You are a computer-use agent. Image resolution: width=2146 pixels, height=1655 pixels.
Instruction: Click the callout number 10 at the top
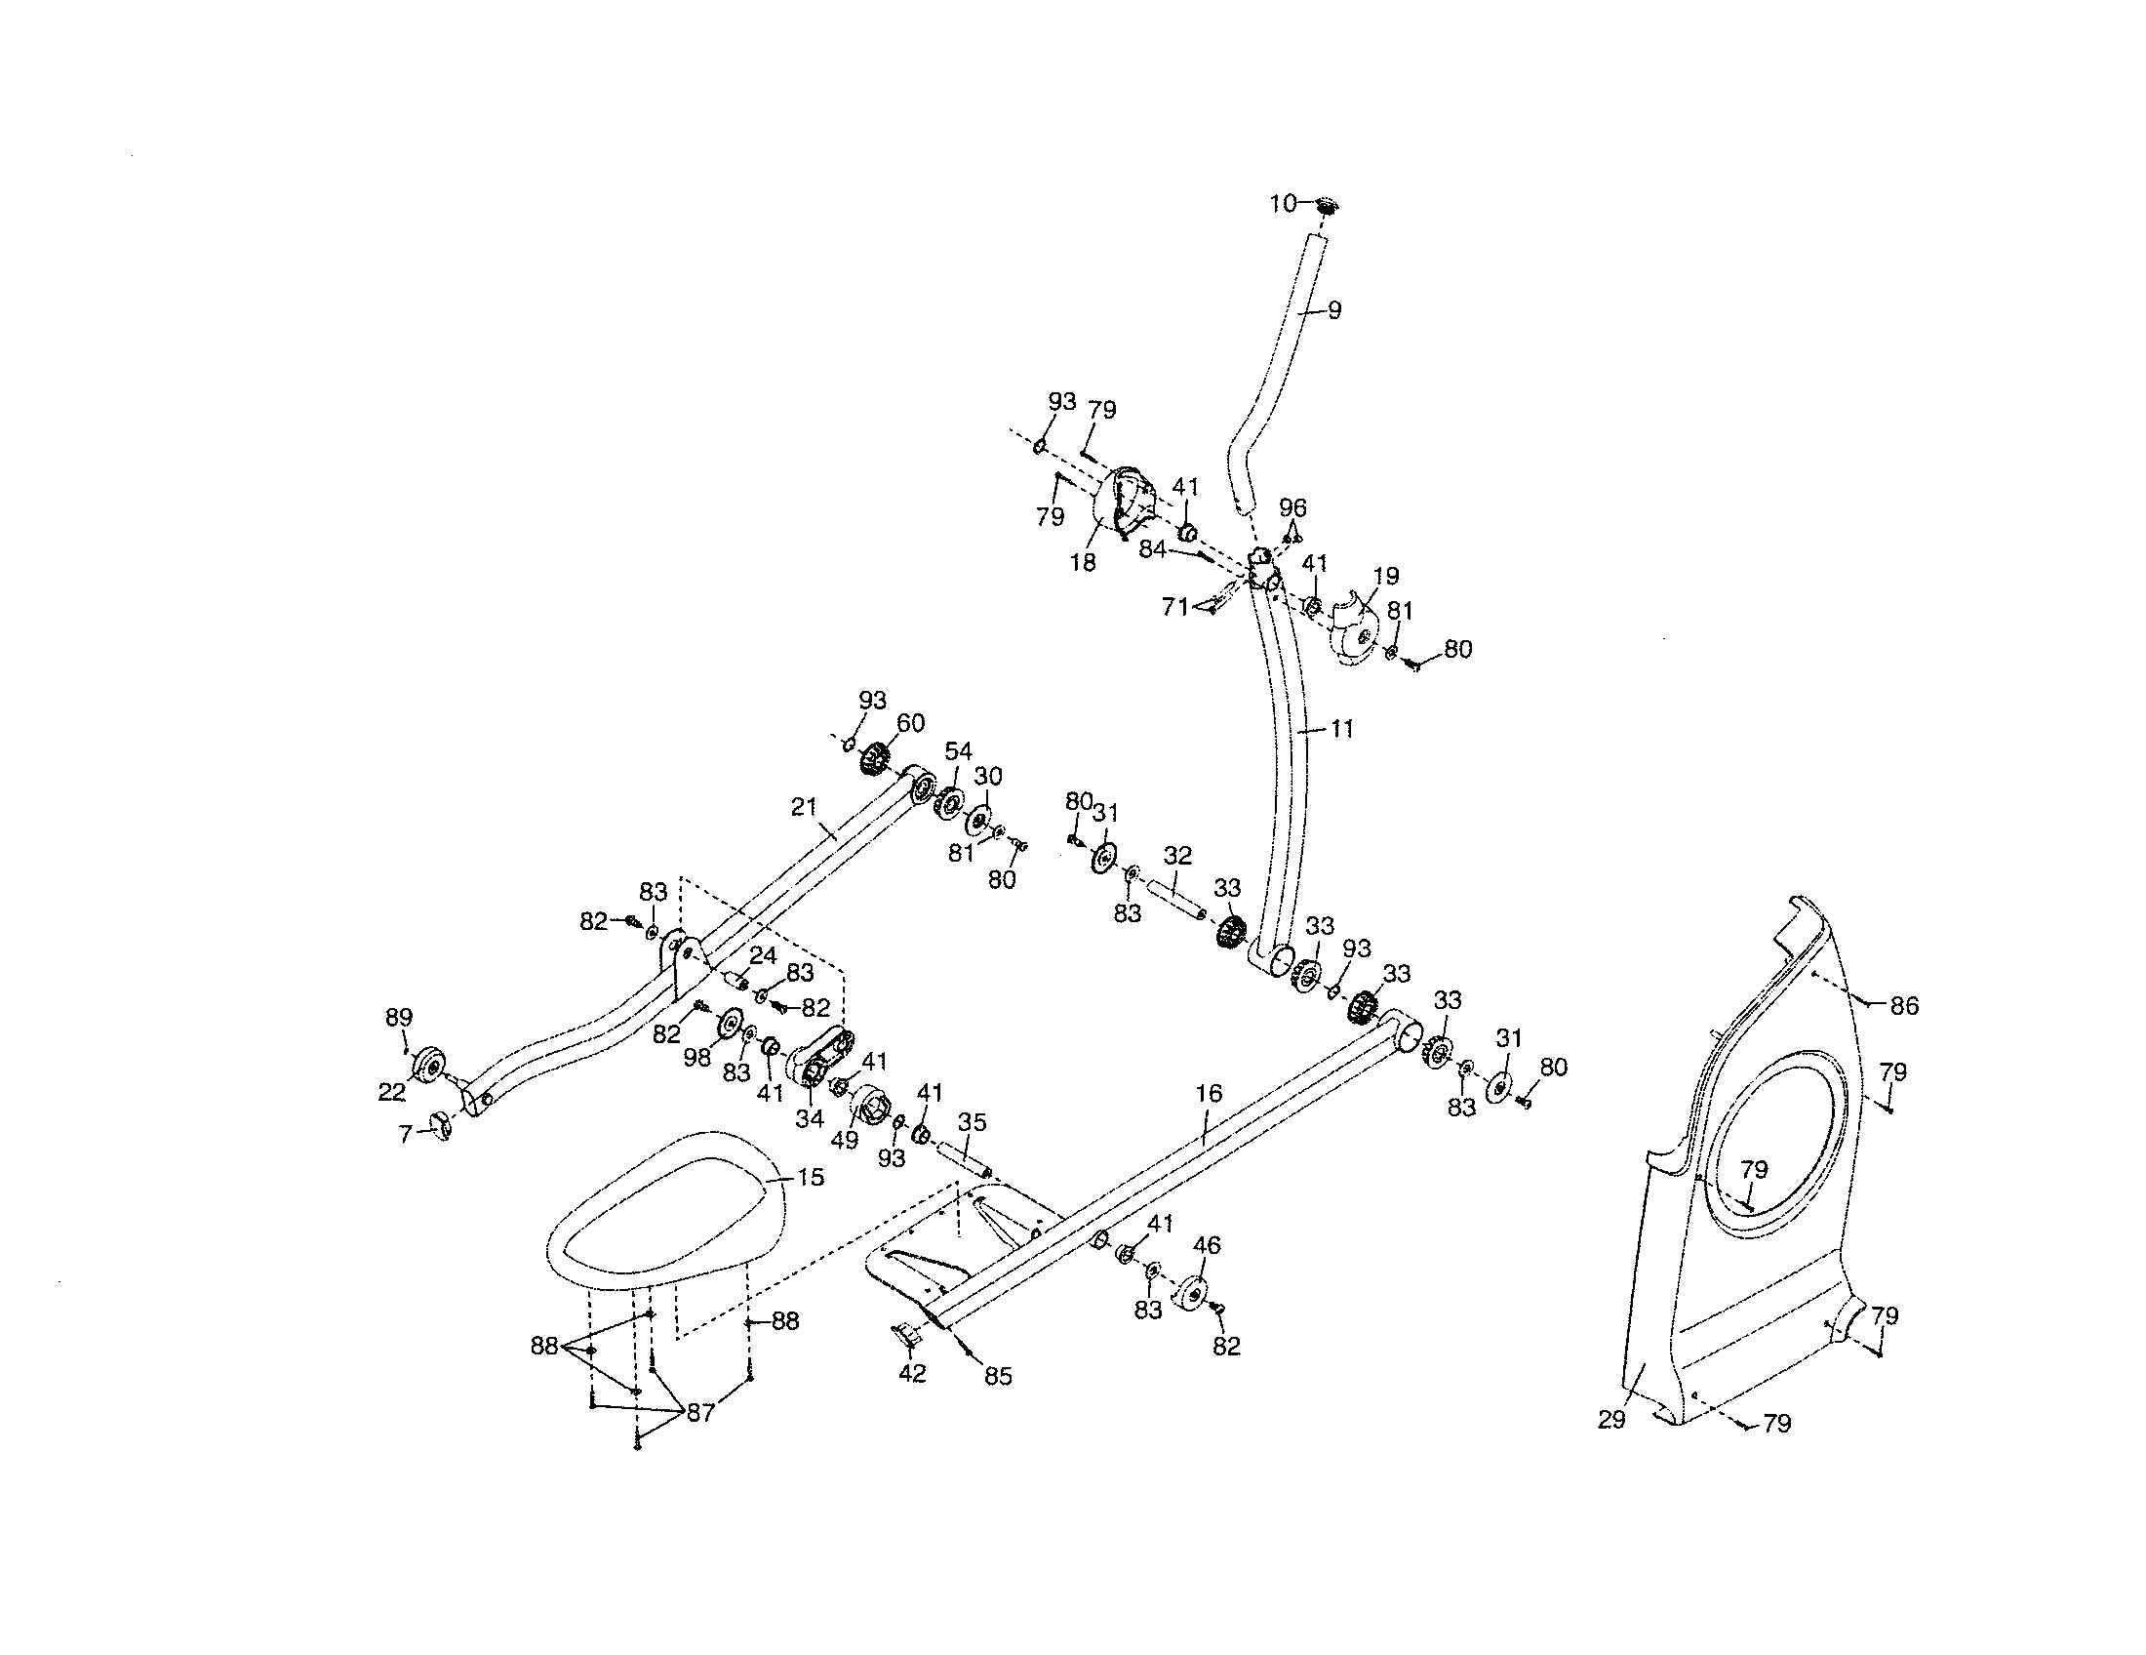[x=1284, y=203]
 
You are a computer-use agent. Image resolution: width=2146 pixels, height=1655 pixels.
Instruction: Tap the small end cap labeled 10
[x=1328, y=205]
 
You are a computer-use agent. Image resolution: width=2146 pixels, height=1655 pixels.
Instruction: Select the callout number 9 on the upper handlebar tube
[x=1333, y=309]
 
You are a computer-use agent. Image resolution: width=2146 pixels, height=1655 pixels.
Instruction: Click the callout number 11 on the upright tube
[x=1342, y=728]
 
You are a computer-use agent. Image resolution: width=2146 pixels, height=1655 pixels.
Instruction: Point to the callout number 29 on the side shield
[x=1611, y=1419]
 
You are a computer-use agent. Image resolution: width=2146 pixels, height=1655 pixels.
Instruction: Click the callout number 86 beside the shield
[x=1904, y=1005]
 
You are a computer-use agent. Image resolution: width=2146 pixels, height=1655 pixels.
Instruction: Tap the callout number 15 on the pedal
[x=811, y=1177]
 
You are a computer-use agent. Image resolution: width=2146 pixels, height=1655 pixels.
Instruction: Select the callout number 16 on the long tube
[x=1209, y=1093]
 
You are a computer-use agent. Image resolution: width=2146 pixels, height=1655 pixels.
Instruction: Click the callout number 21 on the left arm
[x=804, y=807]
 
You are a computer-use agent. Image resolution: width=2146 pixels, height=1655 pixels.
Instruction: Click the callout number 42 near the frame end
[x=912, y=1373]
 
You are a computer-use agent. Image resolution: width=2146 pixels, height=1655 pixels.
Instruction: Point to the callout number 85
[x=997, y=1377]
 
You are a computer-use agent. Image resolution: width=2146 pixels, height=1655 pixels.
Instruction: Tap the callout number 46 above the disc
[x=1207, y=1245]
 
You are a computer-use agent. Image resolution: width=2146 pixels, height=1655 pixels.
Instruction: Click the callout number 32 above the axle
[x=1177, y=855]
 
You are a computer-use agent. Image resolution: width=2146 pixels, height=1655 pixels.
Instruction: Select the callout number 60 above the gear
[x=910, y=723]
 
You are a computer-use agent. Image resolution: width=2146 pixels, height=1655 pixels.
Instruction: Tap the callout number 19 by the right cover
[x=1386, y=576]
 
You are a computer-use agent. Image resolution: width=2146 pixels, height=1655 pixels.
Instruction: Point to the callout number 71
[x=1175, y=606]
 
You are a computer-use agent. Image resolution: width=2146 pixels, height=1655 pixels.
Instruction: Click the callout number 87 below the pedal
[x=700, y=1413]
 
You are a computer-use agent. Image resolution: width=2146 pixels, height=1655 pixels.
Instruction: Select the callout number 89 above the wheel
[x=398, y=1017]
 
